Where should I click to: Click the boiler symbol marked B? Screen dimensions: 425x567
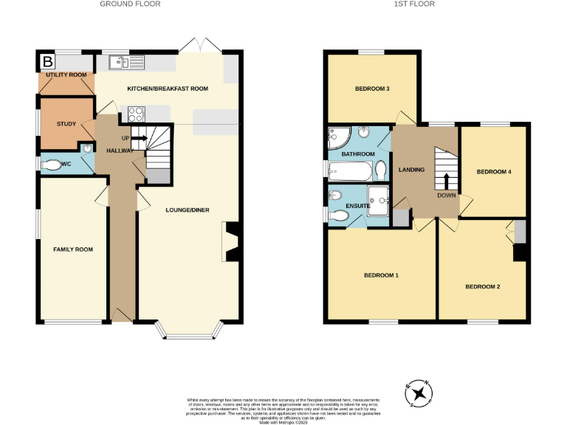point(48,61)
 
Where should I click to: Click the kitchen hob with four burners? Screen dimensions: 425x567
point(137,114)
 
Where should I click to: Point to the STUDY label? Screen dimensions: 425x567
point(66,123)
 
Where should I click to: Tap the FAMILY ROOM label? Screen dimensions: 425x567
point(73,249)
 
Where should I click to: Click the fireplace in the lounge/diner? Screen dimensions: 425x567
point(230,241)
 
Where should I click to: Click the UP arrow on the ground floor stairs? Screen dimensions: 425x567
point(137,138)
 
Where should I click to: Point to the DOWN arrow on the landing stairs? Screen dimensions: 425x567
point(446,182)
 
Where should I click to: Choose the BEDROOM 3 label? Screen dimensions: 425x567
point(372,89)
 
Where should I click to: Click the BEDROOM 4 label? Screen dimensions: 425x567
point(494,172)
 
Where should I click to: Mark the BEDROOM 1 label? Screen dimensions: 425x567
point(381,275)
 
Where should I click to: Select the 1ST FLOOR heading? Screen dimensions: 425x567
point(414,4)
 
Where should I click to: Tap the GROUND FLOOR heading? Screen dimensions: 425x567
point(130,4)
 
